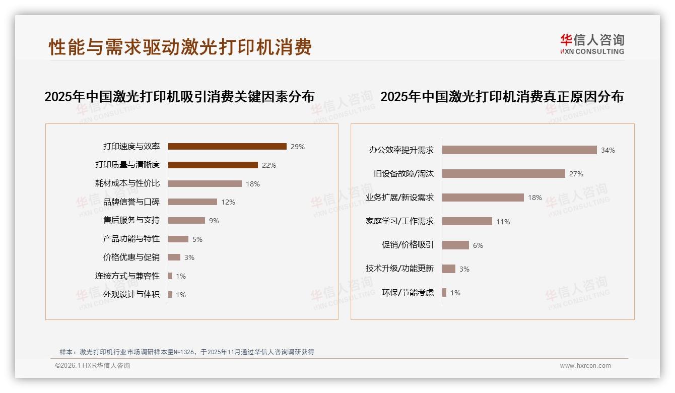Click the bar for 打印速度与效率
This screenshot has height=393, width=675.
pyautogui.click(x=227, y=147)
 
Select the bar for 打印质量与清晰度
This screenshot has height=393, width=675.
pyautogui.click(x=213, y=165)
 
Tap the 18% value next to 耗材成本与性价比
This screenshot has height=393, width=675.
pyautogui.click(x=253, y=184)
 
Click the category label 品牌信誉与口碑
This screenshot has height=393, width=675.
pyautogui.click(x=131, y=202)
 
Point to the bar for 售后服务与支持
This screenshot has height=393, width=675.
pyautogui.click(x=186, y=221)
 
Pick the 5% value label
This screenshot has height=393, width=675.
pyautogui.click(x=197, y=239)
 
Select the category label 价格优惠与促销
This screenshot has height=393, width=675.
pyautogui.click(x=131, y=257)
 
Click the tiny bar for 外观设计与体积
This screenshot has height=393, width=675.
pyautogui.click(x=170, y=294)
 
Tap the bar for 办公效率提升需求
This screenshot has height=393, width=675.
pyautogui.click(x=519, y=150)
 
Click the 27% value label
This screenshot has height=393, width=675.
pyautogui.click(x=576, y=174)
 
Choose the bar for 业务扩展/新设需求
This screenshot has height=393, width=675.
pyautogui.click(x=483, y=198)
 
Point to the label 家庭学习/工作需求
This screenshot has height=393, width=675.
pyautogui.click(x=399, y=221)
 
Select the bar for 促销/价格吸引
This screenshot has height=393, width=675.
pyautogui.click(x=455, y=245)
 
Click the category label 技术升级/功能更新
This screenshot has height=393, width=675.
pyautogui.click(x=399, y=269)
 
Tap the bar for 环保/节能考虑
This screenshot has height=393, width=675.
pyautogui.click(x=444, y=292)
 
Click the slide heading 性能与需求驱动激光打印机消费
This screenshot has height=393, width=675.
pyautogui.click(x=180, y=47)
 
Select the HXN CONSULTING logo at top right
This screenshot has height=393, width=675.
pyautogui.click(x=592, y=44)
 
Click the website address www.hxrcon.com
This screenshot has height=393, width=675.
pyautogui.click(x=585, y=366)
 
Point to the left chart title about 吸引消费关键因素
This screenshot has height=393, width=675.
pyautogui.click(x=179, y=96)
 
